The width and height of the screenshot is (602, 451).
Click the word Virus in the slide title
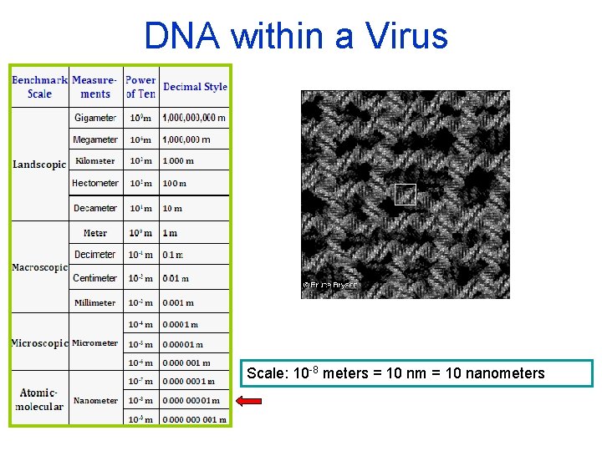[x=407, y=36]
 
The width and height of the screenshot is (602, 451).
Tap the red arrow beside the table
[x=249, y=402]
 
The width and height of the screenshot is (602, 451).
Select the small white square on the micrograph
[x=405, y=195]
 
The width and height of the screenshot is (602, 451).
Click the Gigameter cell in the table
[x=95, y=118]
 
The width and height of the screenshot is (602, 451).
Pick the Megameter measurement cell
[x=95, y=139]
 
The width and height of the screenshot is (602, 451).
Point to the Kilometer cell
[x=95, y=161]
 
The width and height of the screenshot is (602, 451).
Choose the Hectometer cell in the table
[x=95, y=183]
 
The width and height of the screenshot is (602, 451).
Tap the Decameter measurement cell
[x=95, y=208]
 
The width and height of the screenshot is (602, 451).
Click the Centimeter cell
[x=95, y=278]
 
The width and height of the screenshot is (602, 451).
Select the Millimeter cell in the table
[x=95, y=302]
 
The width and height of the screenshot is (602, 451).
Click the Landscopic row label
[x=39, y=165]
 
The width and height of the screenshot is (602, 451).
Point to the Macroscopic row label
[x=39, y=267]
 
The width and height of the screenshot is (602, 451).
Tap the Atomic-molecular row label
[x=39, y=400]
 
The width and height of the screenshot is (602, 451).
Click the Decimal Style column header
[x=195, y=87]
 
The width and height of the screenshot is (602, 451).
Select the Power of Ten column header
[x=140, y=87]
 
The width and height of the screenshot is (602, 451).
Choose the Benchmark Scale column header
[x=39, y=87]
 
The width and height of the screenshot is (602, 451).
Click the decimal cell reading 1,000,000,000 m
[x=194, y=118]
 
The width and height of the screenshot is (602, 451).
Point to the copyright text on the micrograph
[x=329, y=285]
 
